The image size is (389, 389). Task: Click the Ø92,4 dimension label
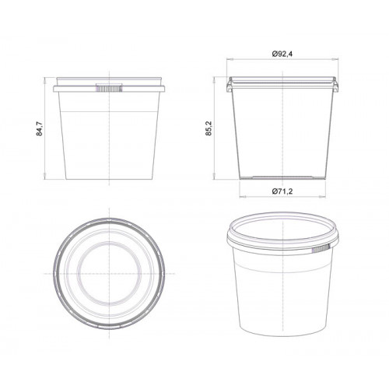(x=282, y=54)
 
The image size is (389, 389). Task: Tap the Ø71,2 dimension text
(x=282, y=191)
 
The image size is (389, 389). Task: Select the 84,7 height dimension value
(x=40, y=128)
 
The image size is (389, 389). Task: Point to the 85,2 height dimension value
(x=209, y=128)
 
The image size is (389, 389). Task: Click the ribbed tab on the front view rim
(x=109, y=88)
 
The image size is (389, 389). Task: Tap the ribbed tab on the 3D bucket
(x=321, y=249)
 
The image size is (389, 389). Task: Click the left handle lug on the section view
(x=230, y=85)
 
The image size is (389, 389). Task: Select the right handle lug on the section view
(x=335, y=85)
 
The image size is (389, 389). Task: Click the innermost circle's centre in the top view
(x=109, y=274)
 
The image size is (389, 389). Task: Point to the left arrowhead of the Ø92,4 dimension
(x=229, y=59)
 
